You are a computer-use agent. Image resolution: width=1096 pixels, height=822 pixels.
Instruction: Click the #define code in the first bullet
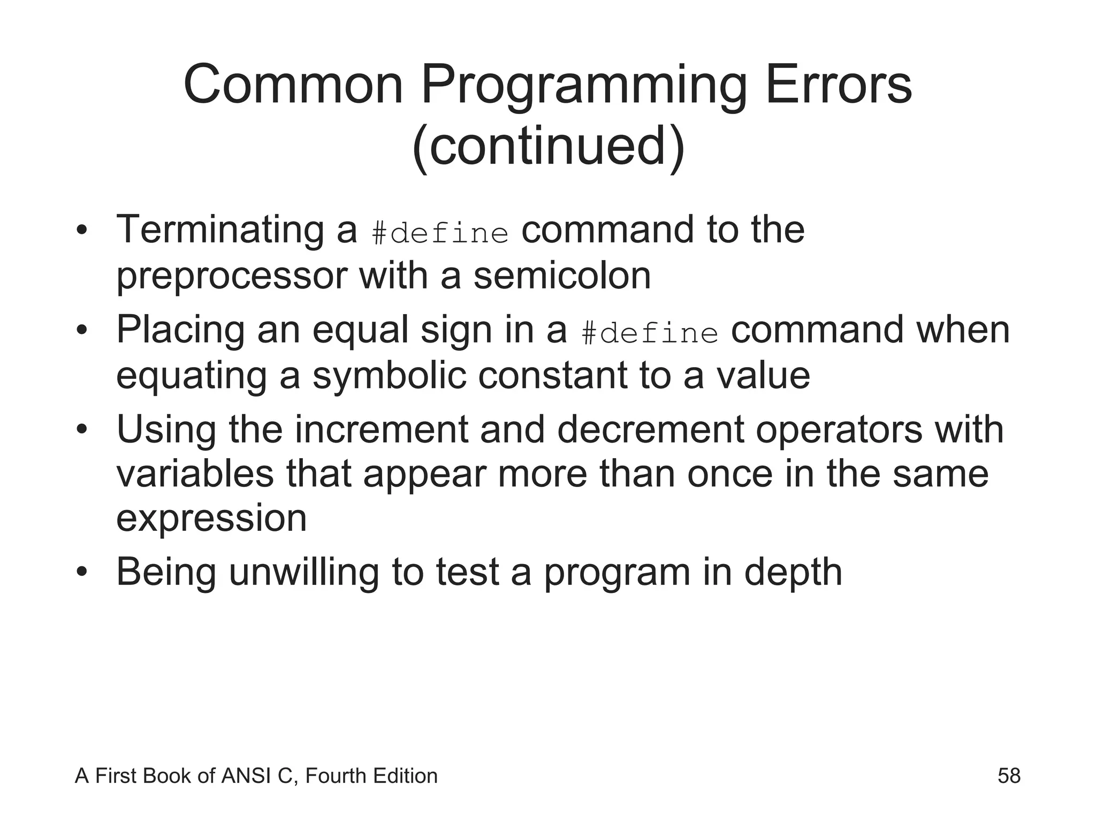click(x=440, y=234)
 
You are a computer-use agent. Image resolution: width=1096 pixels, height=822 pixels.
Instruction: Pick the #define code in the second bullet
click(x=649, y=334)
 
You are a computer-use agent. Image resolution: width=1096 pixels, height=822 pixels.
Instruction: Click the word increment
click(x=382, y=429)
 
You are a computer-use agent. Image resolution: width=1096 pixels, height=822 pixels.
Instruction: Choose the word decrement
click(x=650, y=429)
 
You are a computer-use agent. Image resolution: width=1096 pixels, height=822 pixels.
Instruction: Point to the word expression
click(x=211, y=520)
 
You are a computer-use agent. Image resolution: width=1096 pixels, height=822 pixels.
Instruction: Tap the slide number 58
click(x=1009, y=776)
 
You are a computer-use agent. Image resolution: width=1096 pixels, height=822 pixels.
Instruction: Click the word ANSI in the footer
click(x=247, y=776)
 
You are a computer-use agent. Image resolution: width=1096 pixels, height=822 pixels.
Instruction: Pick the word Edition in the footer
click(x=405, y=776)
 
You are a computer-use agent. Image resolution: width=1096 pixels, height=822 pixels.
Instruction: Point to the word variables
click(x=195, y=474)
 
